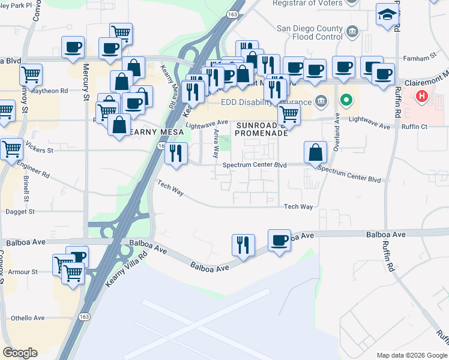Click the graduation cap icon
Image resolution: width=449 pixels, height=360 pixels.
(x=387, y=14)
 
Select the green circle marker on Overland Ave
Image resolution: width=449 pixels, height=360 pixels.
(x=345, y=100)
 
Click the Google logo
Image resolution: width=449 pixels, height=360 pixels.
(x=20, y=353)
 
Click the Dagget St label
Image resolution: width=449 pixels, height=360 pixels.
(x=20, y=212)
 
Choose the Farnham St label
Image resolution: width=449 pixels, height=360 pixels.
(x=419, y=58)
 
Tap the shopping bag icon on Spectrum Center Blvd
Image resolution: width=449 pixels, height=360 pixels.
(x=315, y=154)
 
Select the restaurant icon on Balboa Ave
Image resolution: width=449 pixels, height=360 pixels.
(x=243, y=245)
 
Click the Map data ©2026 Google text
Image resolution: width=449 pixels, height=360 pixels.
(x=412, y=355)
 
